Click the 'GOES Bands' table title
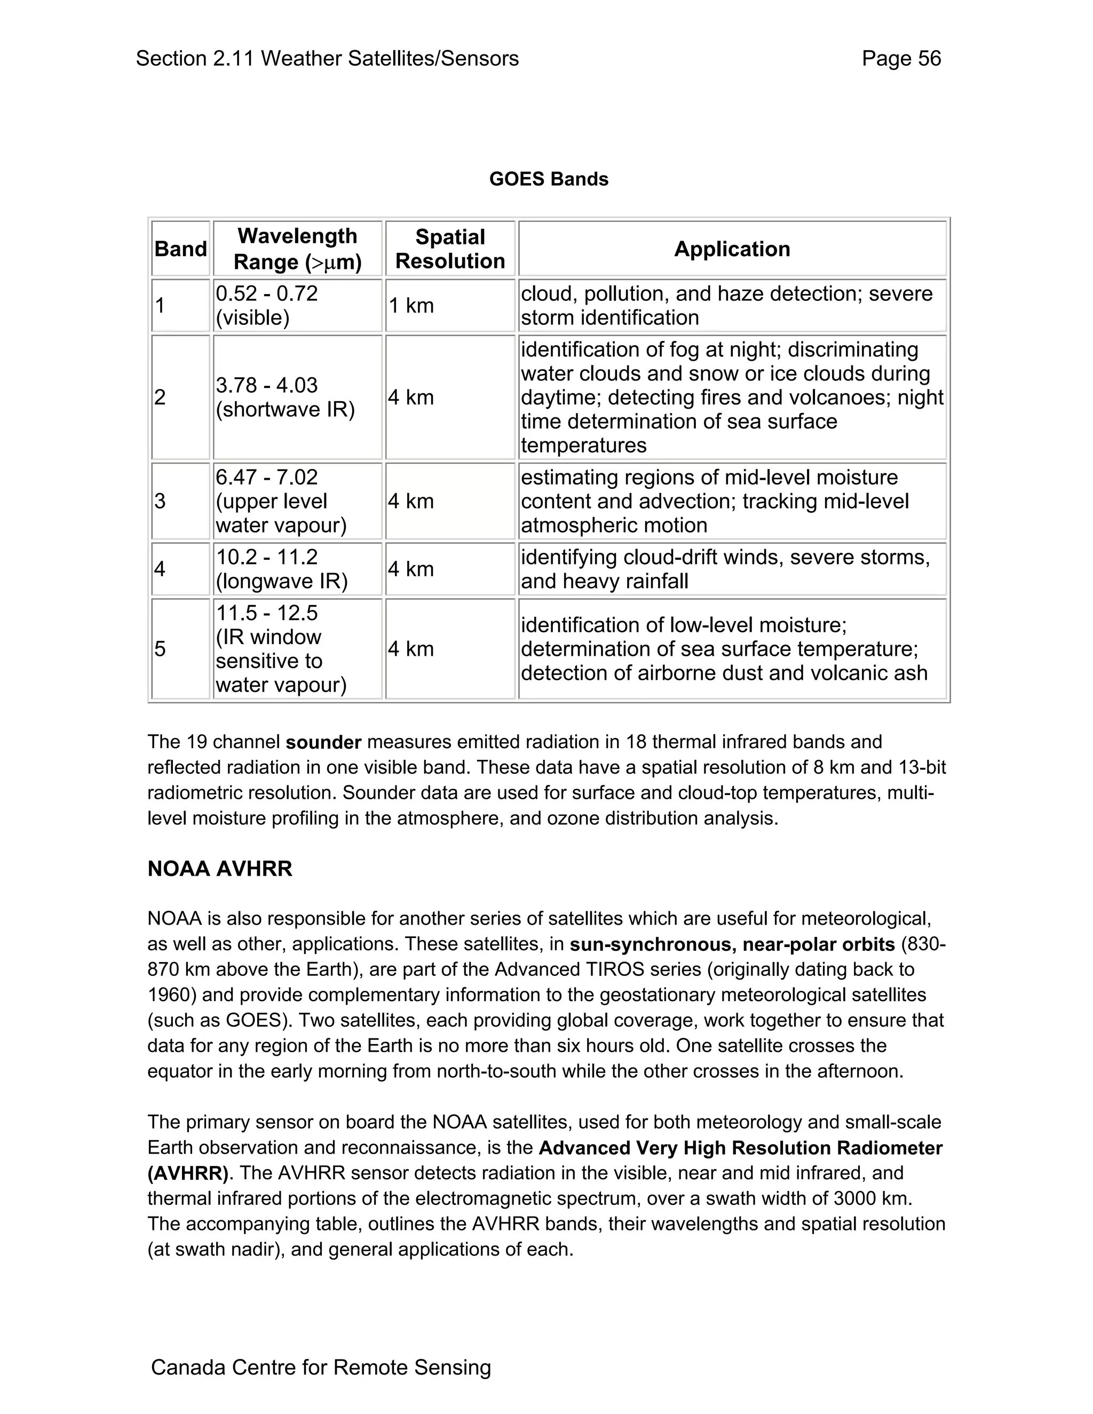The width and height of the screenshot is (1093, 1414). pyautogui.click(x=549, y=179)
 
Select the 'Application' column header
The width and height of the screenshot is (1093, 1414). pyautogui.click(x=732, y=249)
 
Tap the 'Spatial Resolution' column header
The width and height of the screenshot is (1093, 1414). pyautogui.click(x=450, y=249)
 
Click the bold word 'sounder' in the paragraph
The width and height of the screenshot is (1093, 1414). pyautogui.click(x=323, y=743)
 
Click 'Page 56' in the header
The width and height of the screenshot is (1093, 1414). pyautogui.click(x=901, y=59)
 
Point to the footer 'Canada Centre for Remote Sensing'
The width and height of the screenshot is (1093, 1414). pyautogui.click(x=321, y=1368)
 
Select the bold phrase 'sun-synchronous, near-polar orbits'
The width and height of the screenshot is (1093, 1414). pyautogui.click(x=732, y=944)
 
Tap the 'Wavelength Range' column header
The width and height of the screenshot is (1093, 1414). pyautogui.click(x=297, y=249)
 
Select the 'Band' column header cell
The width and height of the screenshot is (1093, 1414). pyautogui.click(x=181, y=249)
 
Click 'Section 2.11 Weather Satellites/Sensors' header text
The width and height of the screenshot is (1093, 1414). pyautogui.click(x=327, y=59)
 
